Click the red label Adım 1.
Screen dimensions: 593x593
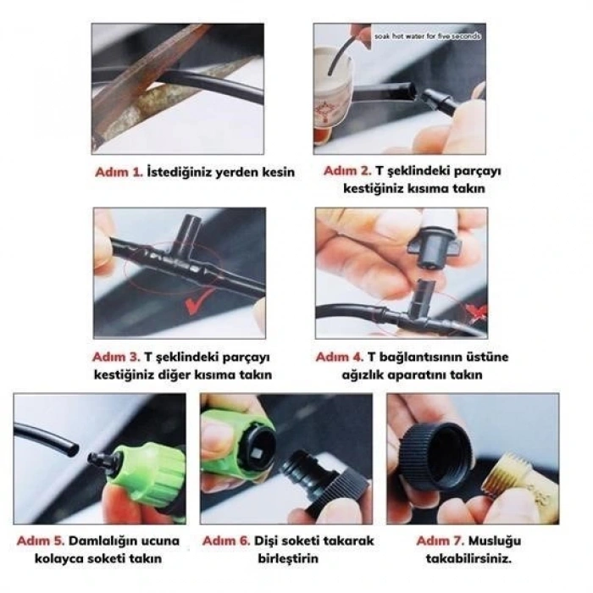[x=119, y=172]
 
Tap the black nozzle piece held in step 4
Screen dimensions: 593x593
[x=432, y=246]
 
